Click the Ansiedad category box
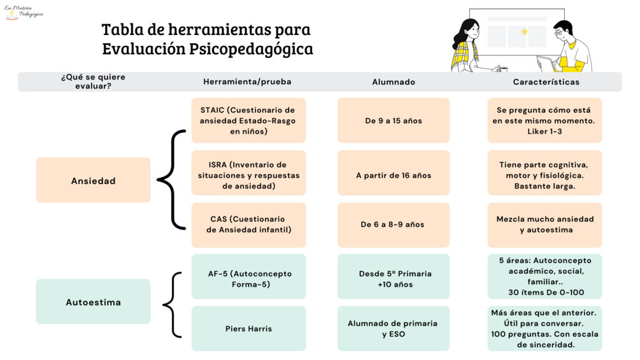(x=93, y=180)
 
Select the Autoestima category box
(x=93, y=301)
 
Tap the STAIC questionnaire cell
(x=248, y=120)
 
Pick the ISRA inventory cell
(x=248, y=173)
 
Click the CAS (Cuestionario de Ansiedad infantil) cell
(x=248, y=225)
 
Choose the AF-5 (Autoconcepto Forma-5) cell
(x=248, y=277)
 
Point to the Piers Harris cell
(x=248, y=329)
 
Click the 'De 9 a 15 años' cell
(x=394, y=120)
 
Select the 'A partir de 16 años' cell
(x=394, y=173)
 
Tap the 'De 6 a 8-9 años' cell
(x=394, y=225)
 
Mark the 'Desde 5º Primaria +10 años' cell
(x=394, y=277)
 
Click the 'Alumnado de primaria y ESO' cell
(x=394, y=329)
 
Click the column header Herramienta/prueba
(x=247, y=82)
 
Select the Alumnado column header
(x=394, y=82)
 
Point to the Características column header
(x=546, y=82)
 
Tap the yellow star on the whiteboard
(x=525, y=31)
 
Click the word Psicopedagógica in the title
(x=251, y=49)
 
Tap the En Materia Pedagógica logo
(x=24, y=12)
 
